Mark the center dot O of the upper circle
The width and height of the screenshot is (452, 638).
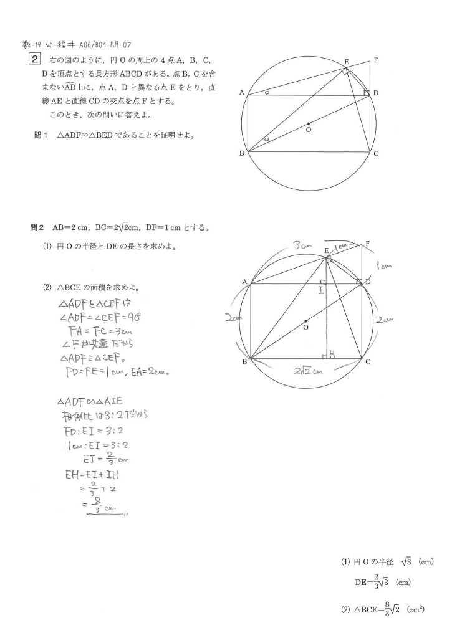pos(309,123)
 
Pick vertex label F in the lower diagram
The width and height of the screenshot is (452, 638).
pos(368,243)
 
